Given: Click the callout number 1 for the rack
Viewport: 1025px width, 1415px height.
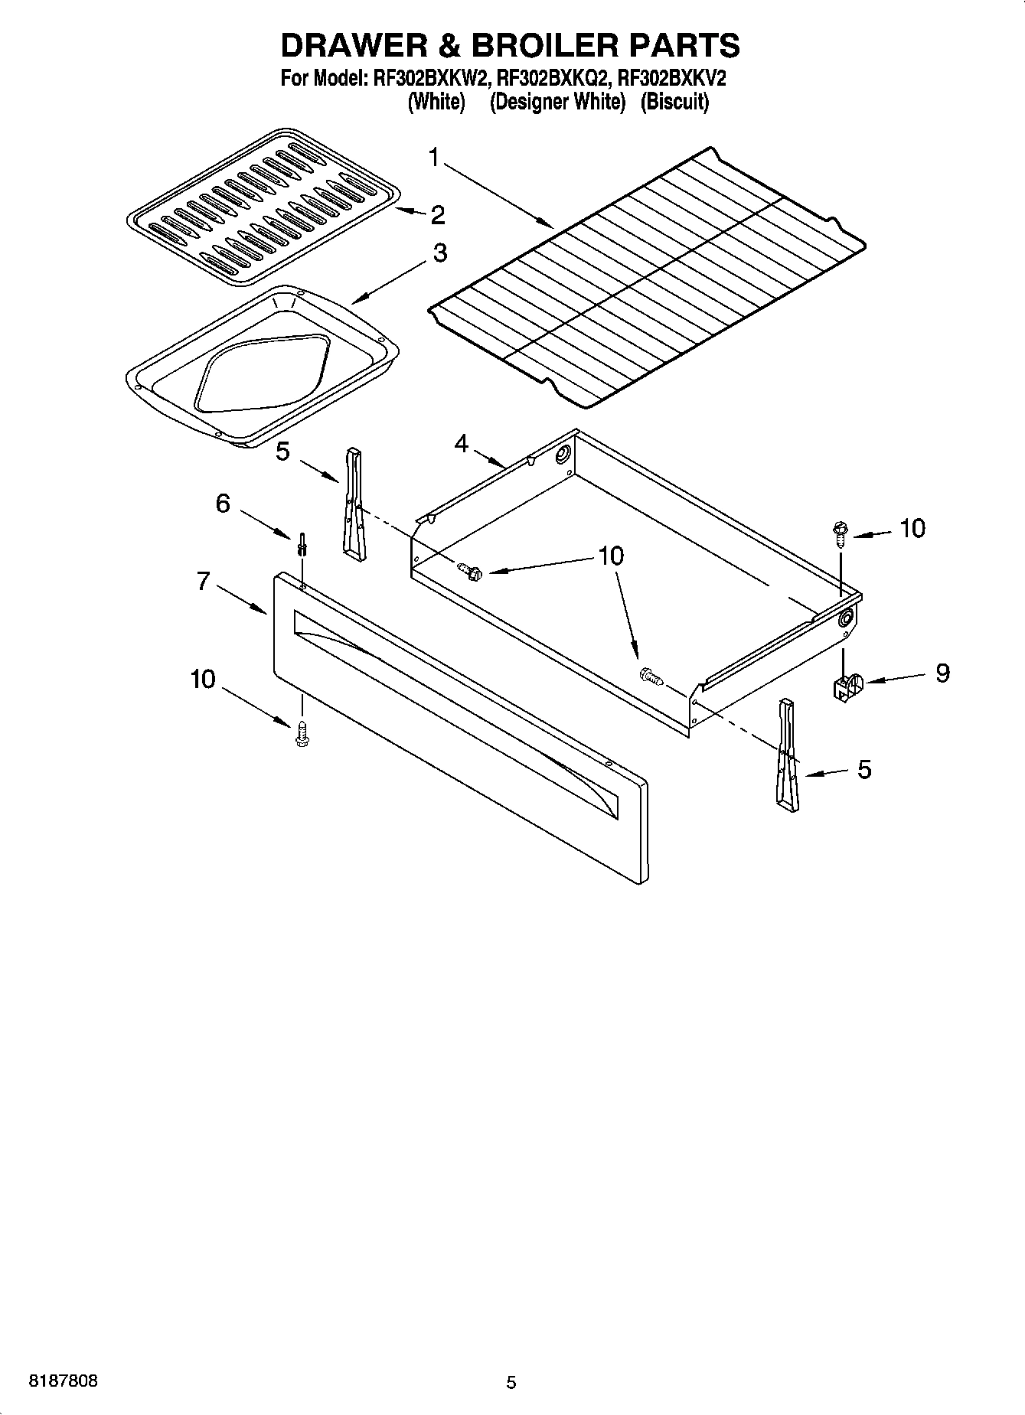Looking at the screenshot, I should point(434,158).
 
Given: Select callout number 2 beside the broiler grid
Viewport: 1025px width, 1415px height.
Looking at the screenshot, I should point(437,215).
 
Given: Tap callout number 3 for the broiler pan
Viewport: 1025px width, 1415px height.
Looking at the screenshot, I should point(439,253).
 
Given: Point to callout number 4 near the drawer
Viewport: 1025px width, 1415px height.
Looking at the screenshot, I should point(461,443).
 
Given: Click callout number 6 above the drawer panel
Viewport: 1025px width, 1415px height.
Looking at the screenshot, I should point(223,504).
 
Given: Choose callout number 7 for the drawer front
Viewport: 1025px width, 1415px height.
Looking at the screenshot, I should point(203,582).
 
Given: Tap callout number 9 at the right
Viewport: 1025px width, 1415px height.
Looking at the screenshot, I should point(942,673).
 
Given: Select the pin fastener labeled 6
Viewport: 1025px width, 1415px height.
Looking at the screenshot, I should point(303,544).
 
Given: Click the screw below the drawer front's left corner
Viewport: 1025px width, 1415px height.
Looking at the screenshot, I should point(302,733).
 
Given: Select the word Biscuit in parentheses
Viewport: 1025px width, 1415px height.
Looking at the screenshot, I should point(674,102).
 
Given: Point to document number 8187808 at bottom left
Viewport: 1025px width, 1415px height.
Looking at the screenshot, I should point(63,1381).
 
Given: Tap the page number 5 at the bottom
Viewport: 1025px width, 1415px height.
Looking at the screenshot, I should point(511,1382).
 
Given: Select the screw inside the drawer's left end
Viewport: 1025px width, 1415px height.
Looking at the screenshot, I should point(468,570).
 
